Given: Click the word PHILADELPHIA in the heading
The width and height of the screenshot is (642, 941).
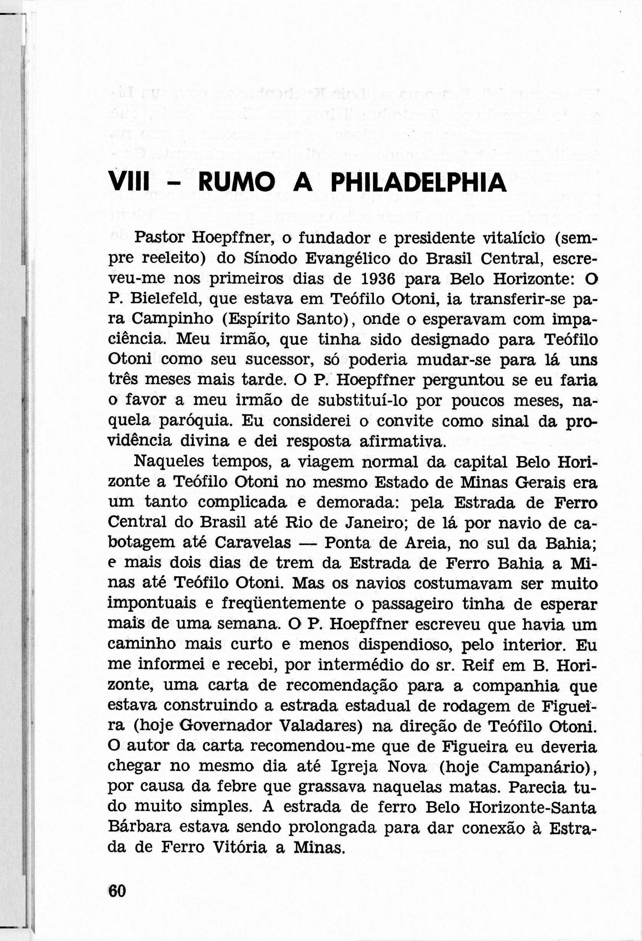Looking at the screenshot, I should point(418,183).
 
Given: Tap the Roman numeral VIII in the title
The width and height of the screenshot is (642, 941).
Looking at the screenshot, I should point(129,183).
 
